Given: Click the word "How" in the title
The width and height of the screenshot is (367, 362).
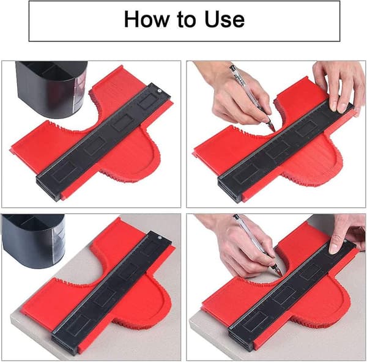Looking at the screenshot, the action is click(146, 19).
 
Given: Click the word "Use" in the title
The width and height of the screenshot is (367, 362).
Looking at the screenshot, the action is click(224, 19).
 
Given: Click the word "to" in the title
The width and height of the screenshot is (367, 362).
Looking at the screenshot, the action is click(187, 20).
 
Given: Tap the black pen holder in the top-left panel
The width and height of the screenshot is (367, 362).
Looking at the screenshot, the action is click(51, 89).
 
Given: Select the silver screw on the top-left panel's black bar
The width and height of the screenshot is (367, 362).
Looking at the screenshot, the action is click(159, 90).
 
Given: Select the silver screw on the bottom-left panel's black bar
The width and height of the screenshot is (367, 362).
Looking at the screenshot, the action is click(160, 238).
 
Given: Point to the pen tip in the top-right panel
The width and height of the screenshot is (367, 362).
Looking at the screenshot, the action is click(273, 129).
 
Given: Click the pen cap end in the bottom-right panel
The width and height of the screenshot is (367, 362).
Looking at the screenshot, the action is click(236, 216).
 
